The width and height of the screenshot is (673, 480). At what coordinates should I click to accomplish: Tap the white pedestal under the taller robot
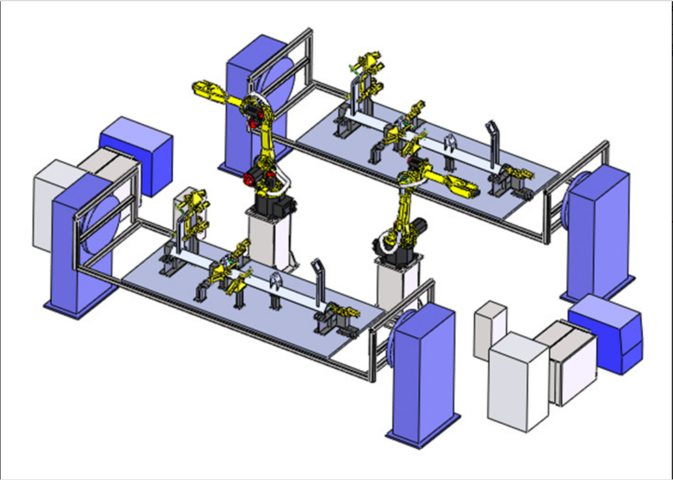coord(268,239)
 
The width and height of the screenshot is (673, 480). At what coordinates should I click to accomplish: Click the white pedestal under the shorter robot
coord(396,283)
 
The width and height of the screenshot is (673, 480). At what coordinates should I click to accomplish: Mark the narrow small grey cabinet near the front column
coord(489,329)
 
